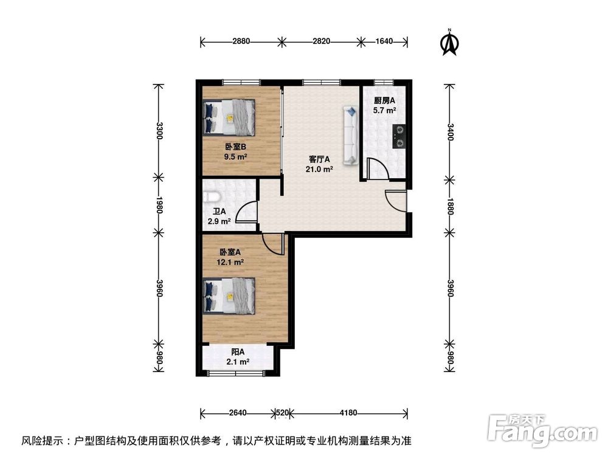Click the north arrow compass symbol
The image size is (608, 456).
(450, 43)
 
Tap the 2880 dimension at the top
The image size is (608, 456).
(241, 42)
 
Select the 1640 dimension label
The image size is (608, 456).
(384, 42)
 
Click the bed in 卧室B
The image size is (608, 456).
(230, 117)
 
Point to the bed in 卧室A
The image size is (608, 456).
(230, 296)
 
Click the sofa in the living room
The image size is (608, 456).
(351, 135)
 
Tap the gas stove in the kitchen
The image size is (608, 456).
(400, 136)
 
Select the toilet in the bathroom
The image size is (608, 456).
(210, 197)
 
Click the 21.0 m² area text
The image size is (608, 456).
(319, 170)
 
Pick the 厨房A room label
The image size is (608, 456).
(384, 101)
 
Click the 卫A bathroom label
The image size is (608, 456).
(219, 212)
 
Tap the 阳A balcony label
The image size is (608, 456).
(238, 352)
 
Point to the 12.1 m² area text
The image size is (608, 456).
(231, 262)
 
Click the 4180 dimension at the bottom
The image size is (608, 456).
(348, 413)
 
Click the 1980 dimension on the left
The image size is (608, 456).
(159, 206)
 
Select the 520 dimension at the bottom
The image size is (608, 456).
(282, 413)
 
